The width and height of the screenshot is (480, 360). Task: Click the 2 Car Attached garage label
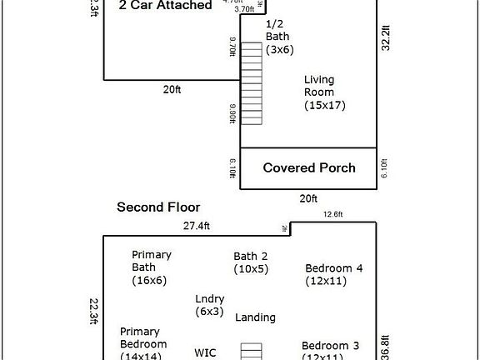(164, 5)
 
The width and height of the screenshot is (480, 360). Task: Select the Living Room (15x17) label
(324, 92)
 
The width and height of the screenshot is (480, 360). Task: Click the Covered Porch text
(309, 167)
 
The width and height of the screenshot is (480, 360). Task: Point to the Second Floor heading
(158, 207)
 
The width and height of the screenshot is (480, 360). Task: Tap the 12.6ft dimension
(333, 214)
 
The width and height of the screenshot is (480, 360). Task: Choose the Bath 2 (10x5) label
(251, 262)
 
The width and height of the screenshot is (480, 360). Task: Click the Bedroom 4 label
(333, 274)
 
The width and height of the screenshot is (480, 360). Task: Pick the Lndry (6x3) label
(209, 305)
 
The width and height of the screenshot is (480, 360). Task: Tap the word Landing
(255, 317)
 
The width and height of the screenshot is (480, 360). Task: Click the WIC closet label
(206, 352)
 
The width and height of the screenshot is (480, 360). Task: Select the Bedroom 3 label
(331, 351)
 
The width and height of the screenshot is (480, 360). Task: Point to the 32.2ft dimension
(385, 38)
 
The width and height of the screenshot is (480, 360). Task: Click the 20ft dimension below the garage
(172, 89)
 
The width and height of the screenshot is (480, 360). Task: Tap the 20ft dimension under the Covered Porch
(308, 198)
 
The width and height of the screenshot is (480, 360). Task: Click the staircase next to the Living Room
(251, 83)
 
